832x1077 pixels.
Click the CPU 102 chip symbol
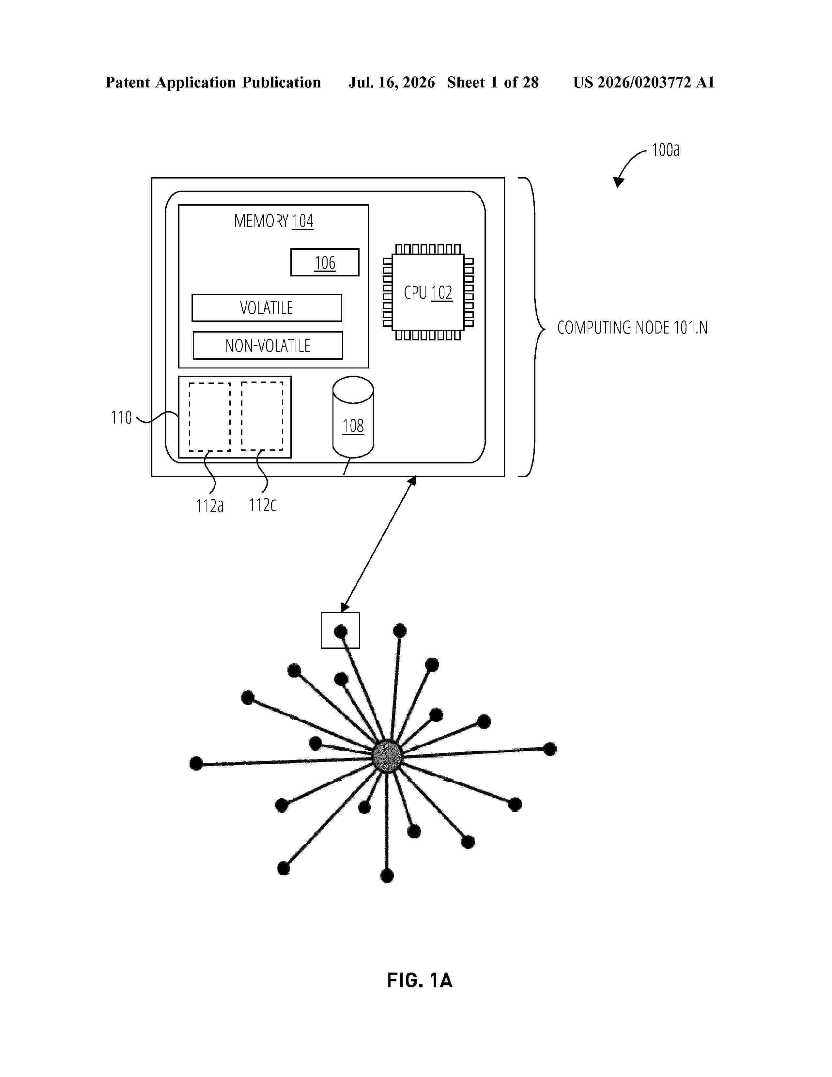[428, 292]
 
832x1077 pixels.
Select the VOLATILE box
[267, 308]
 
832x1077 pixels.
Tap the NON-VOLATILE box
[268, 345]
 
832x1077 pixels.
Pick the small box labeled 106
[325, 262]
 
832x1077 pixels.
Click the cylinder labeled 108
[353, 417]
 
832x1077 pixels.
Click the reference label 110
[121, 418]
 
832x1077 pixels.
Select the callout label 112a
[209, 506]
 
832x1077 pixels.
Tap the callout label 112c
[262, 505]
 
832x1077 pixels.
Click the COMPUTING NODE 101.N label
[632, 327]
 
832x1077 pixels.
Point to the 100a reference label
[665, 150]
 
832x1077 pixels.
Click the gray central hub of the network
[387, 756]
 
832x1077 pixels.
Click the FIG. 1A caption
[420, 980]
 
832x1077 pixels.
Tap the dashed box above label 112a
[209, 417]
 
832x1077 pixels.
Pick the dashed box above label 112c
[262, 416]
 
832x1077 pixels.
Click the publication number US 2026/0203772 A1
[644, 82]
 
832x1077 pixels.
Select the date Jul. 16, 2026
[392, 82]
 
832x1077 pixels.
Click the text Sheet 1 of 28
[493, 82]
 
